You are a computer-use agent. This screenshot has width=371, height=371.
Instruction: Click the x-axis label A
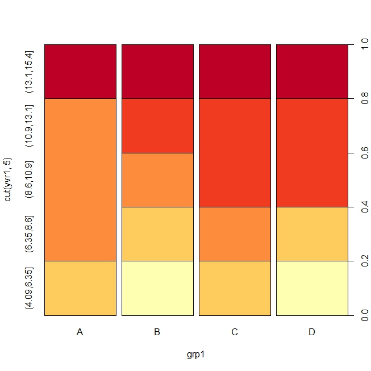(80, 332)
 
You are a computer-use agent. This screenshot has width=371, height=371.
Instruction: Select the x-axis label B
(157, 332)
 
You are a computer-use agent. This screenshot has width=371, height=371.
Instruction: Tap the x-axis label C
(235, 332)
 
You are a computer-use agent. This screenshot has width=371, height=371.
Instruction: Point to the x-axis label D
(312, 332)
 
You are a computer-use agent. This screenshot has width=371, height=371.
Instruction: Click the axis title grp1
(195, 355)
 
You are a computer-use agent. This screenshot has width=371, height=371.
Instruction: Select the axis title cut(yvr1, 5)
(8, 180)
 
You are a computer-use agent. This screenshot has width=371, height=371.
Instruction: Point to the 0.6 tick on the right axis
(357, 153)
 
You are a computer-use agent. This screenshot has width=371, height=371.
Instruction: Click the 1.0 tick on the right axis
(357, 44)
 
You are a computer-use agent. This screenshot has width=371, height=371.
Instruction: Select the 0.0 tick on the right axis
(357, 315)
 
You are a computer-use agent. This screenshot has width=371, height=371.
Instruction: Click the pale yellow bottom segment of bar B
(157, 288)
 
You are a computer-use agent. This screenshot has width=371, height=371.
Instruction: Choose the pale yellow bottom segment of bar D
(312, 288)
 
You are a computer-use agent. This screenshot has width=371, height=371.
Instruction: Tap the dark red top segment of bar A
(80, 71)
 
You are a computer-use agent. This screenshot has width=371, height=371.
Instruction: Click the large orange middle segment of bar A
(80, 180)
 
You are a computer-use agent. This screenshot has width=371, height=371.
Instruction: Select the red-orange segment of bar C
(235, 152)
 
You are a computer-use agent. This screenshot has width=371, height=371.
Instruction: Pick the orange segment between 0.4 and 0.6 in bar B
(157, 180)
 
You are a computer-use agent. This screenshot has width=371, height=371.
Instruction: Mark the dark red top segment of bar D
(312, 71)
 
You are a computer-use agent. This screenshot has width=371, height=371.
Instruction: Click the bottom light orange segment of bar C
(235, 288)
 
